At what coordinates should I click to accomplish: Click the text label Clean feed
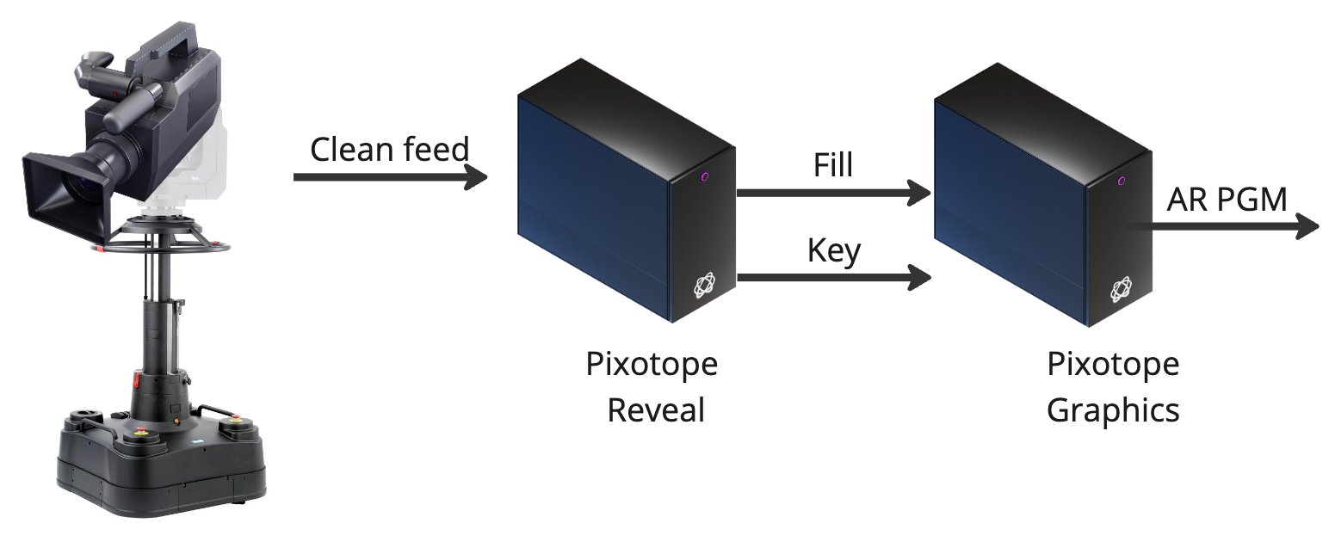(389, 150)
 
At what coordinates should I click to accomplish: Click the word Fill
(832, 165)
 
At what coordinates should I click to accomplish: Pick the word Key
(833, 250)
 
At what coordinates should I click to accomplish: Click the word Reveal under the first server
(656, 409)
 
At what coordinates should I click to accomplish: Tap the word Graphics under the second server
(1113, 409)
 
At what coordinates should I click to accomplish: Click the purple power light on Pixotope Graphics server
(1122, 181)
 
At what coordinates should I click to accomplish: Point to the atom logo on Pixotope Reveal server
(705, 285)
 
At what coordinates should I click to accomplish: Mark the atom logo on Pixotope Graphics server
(1121, 290)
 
